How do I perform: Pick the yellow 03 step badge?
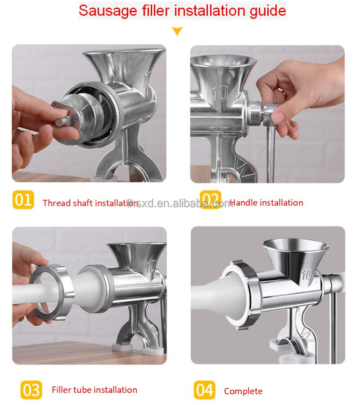(31, 390)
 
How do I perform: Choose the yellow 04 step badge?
(205, 390)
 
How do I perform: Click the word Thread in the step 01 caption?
(56, 203)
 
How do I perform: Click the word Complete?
(243, 391)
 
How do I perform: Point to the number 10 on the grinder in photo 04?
(309, 274)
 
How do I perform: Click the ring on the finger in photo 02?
(281, 91)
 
